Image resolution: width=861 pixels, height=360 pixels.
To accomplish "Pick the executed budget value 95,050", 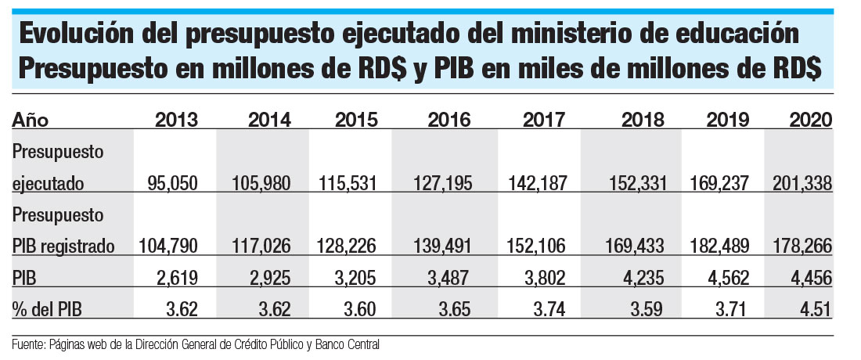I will tap(173, 184).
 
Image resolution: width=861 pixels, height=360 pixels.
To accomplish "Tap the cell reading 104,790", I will tap(168, 247).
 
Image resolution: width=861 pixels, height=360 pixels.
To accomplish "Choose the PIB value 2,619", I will tap(179, 278).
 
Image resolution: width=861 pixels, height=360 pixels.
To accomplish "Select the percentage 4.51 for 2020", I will tap(817, 309).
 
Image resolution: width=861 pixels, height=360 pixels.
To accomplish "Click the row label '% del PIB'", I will tap(47, 309).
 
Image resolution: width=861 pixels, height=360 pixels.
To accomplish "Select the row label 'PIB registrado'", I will tap(63, 247).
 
